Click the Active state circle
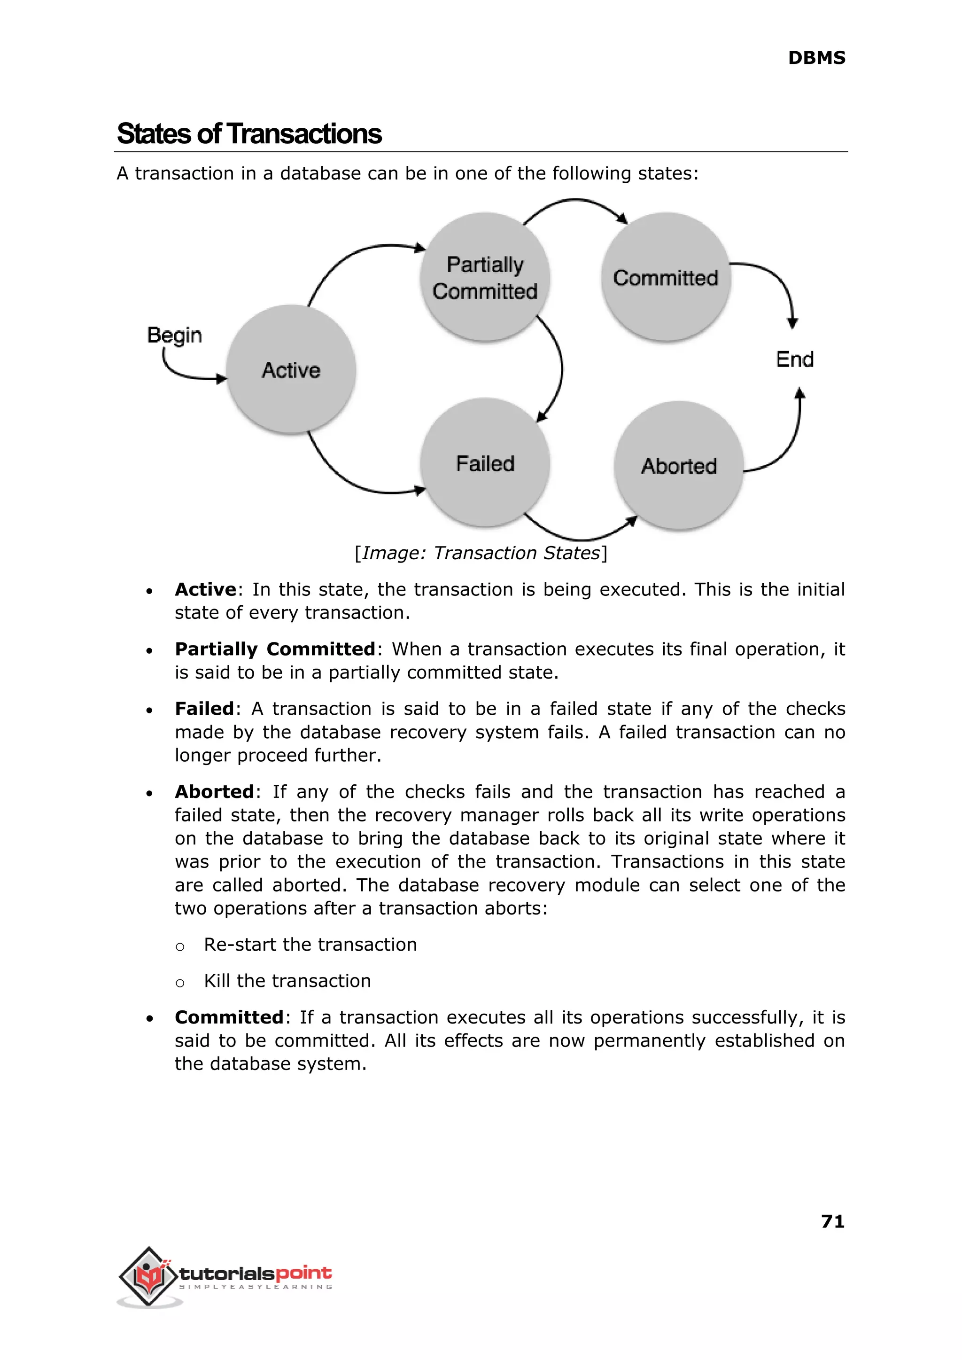click(291, 369)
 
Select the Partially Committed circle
click(485, 277)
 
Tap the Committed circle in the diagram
click(665, 277)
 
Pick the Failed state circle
click(485, 463)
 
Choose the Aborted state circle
click(679, 466)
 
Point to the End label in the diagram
click(794, 359)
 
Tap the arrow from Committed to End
click(781, 284)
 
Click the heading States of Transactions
click(249, 134)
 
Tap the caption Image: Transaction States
click(481, 553)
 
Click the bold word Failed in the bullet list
click(204, 709)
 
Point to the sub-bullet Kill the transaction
click(287, 981)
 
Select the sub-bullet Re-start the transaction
click(310, 945)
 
